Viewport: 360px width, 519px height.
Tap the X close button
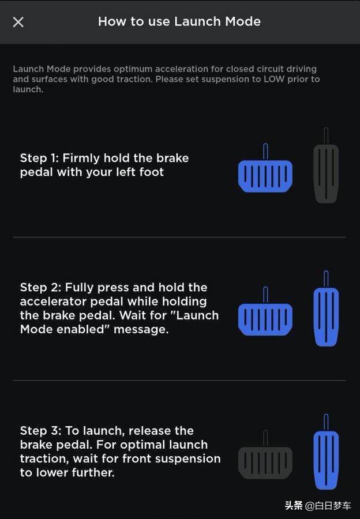[x=18, y=22]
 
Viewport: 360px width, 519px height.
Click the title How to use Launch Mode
[x=179, y=21]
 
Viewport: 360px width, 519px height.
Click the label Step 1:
[x=39, y=158]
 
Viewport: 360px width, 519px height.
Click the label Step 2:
[x=40, y=287]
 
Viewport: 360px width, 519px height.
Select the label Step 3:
[x=40, y=431]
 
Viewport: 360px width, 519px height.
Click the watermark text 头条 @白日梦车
[x=318, y=505]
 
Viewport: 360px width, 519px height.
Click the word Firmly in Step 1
[x=81, y=158]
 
